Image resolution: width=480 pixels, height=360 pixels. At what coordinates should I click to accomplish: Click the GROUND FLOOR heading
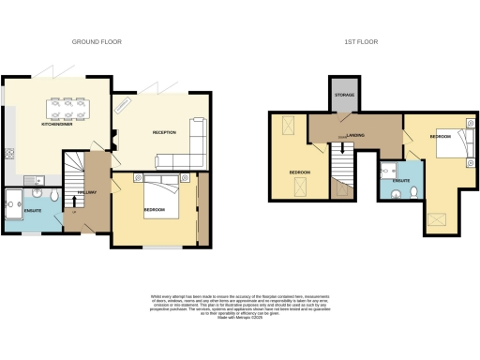(x=97, y=42)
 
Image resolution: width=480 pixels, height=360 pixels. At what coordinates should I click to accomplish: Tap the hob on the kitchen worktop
(x=7, y=152)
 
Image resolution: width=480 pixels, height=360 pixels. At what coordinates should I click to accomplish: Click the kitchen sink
(x=33, y=178)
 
